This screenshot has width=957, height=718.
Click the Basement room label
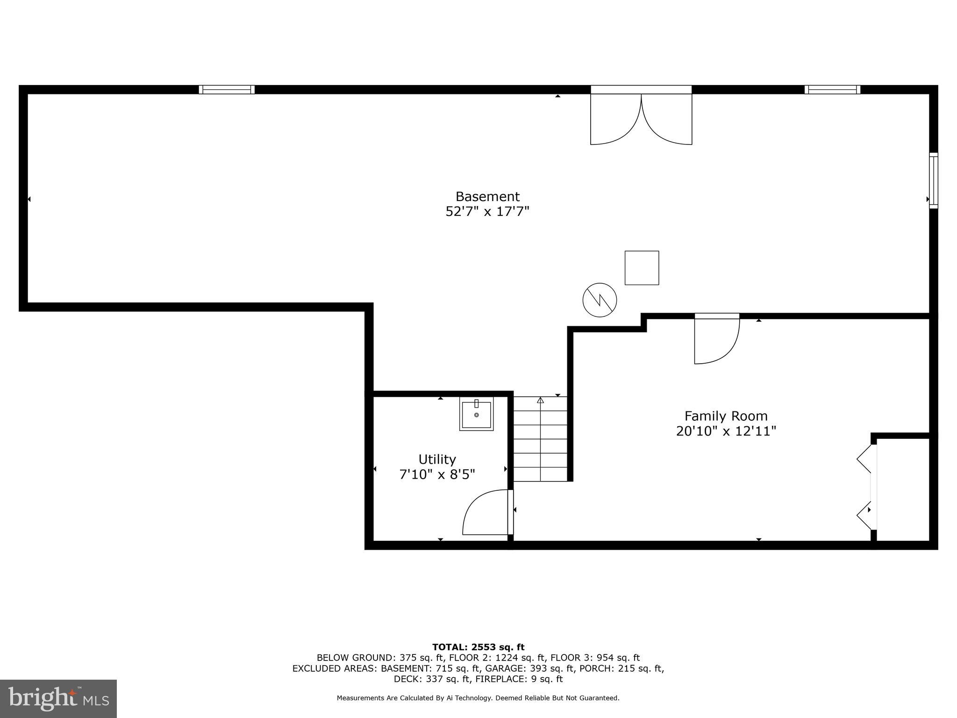coord(487,196)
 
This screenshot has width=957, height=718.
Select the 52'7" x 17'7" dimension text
coord(487,212)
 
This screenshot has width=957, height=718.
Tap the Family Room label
coord(726,416)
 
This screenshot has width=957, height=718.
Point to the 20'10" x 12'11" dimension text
coord(726,431)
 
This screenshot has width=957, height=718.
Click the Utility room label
coord(437,459)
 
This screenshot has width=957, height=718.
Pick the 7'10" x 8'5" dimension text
coord(437,474)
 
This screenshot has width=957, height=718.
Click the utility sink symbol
coord(476,414)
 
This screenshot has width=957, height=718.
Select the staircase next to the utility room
coord(540,439)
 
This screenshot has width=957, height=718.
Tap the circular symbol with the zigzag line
coord(600,300)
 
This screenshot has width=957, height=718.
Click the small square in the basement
coord(642,268)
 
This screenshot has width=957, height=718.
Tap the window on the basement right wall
coord(933,180)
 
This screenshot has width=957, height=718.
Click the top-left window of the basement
coord(227,90)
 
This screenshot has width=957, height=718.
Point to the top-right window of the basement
coord(832,90)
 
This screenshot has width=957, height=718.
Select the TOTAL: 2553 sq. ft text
coord(478,647)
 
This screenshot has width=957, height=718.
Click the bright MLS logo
coord(58,699)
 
